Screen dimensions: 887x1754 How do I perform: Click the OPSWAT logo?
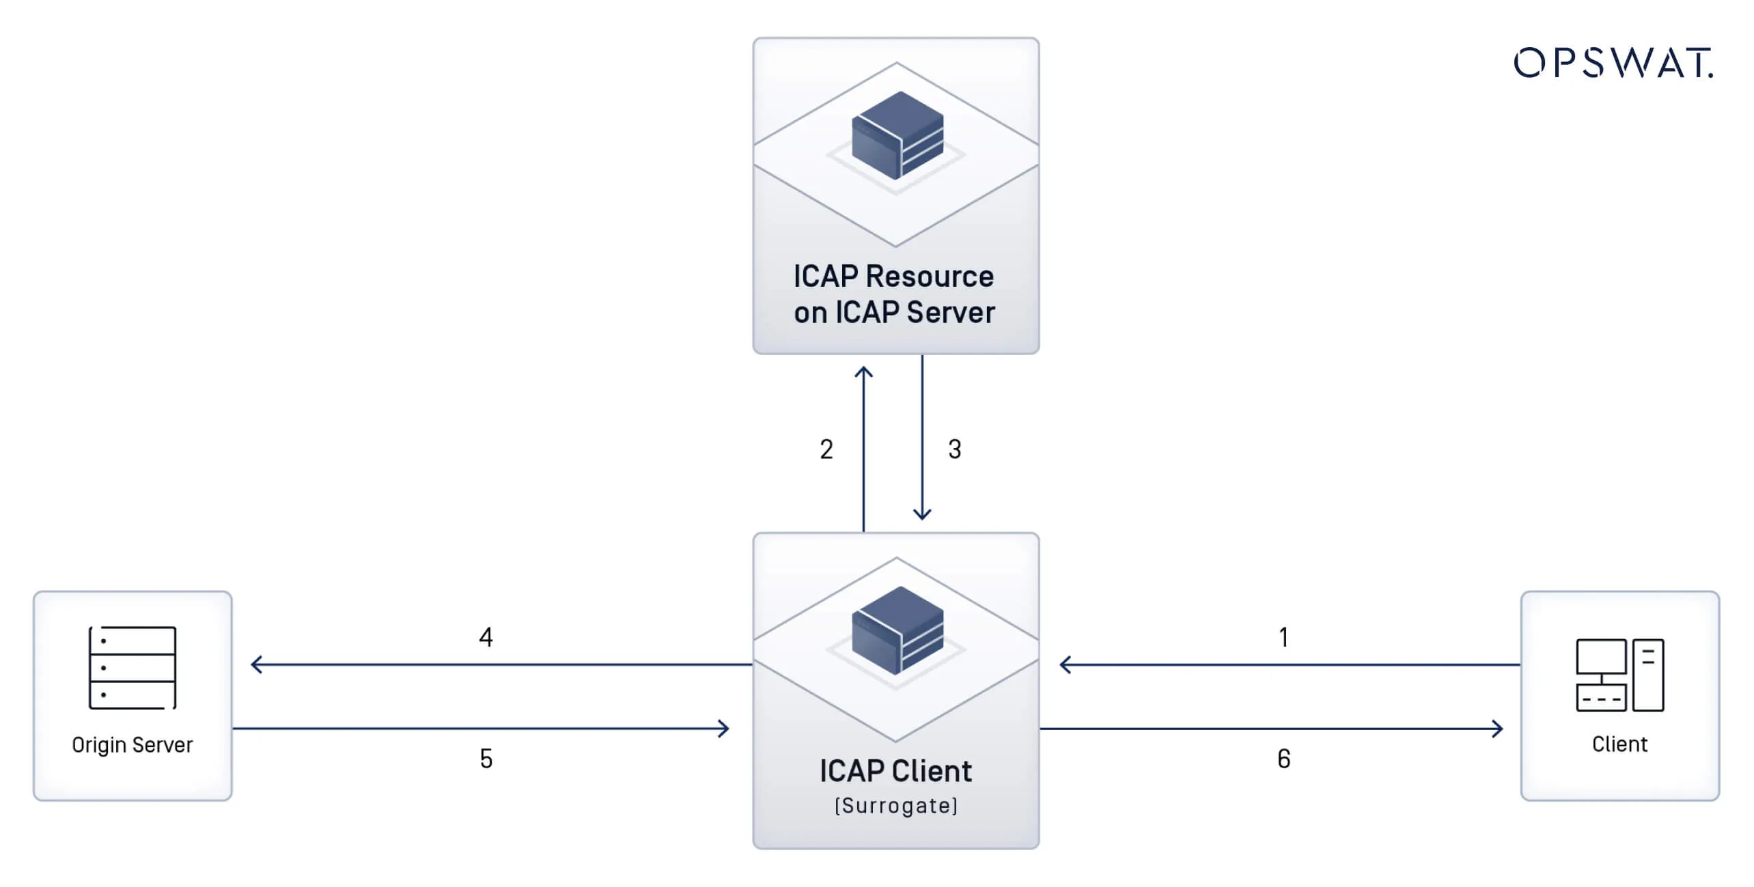coord(1613,63)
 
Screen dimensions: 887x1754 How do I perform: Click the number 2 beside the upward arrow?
coord(826,449)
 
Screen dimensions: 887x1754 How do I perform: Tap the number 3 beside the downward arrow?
coord(955,449)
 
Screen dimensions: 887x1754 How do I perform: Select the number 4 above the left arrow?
coord(486,637)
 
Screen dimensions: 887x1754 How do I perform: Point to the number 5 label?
coord(486,759)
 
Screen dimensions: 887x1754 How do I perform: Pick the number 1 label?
coord(1283,637)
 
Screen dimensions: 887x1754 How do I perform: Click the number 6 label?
coord(1283,759)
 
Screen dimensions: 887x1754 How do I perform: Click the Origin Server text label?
coord(133,744)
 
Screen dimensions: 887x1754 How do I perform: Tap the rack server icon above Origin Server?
coord(133,667)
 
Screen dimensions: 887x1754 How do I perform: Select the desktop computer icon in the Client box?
coord(1619,675)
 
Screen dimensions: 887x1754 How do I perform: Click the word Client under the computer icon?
coord(1619,744)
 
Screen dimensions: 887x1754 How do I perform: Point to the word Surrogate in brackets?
coord(896,806)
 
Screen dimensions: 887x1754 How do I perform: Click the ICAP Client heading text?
coord(895,771)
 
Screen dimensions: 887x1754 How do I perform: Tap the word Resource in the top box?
coord(930,277)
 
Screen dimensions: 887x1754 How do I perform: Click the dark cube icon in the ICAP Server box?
coord(897,135)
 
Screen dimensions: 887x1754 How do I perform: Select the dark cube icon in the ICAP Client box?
coord(897,630)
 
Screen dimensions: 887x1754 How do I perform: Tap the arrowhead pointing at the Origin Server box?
coord(255,664)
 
